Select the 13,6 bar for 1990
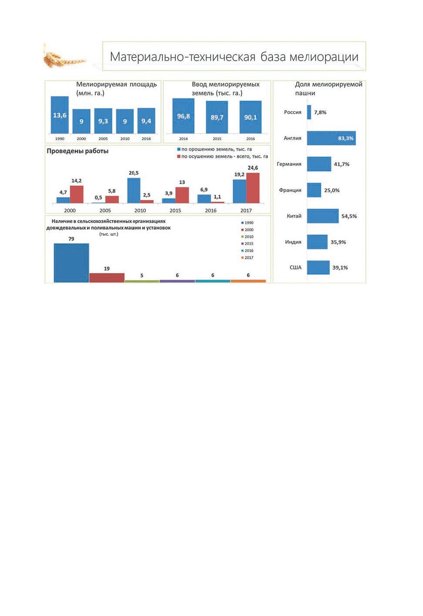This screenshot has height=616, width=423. click(60, 115)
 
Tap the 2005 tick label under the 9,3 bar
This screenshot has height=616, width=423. click(103, 139)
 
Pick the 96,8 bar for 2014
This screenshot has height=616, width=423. click(184, 116)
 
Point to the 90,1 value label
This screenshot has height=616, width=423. click(251, 117)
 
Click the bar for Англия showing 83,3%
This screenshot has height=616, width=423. click(331, 138)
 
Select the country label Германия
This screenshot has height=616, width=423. click(289, 164)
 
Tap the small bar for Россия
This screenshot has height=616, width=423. click(309, 112)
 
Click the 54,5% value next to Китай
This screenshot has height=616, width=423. click(349, 216)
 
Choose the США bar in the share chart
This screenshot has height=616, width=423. click(318, 267)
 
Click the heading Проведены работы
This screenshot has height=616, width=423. click(77, 151)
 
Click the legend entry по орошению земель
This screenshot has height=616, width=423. click(215, 149)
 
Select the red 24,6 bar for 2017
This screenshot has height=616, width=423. click(253, 188)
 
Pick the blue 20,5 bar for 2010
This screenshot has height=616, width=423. click(134, 191)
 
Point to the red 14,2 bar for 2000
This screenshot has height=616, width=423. click(77, 194)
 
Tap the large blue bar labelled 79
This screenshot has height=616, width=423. click(71, 263)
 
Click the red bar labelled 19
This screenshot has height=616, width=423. click(107, 278)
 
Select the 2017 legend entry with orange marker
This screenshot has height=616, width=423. click(247, 258)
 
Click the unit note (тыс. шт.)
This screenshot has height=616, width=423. click(109, 234)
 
